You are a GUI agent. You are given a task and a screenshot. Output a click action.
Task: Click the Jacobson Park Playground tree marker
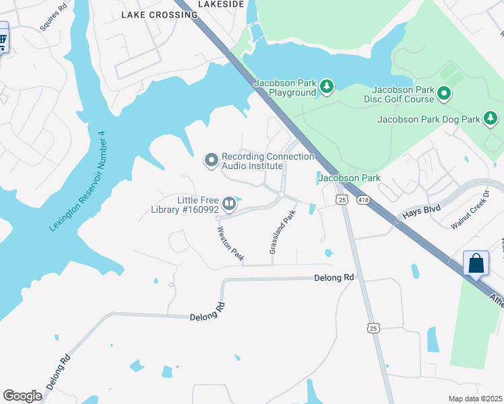pyautogui.click(x=327, y=86)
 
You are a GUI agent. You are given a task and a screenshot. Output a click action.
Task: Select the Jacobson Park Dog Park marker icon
pyautogui.click(x=491, y=120)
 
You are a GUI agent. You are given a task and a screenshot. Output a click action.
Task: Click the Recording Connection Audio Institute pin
pyautogui.click(x=212, y=160)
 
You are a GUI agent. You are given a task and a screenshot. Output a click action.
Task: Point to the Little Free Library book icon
pyautogui.click(x=230, y=203)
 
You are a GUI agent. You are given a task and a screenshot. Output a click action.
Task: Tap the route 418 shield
pyautogui.click(x=363, y=200)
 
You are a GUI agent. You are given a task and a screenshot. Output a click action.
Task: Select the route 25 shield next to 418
pyautogui.click(x=342, y=200)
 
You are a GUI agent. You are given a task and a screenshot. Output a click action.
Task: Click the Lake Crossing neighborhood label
pyautogui.click(x=150, y=14)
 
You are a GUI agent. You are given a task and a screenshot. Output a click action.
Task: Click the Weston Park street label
pyautogui.click(x=230, y=244)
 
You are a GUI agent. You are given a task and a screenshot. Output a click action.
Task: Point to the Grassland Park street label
pyautogui.click(x=282, y=232)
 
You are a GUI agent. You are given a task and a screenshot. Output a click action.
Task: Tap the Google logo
pyautogui.click(x=22, y=396)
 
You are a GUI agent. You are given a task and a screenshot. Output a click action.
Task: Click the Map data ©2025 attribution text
pyautogui.click(x=475, y=399)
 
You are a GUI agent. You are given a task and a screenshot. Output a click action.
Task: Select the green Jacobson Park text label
pyautogui.click(x=349, y=178)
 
